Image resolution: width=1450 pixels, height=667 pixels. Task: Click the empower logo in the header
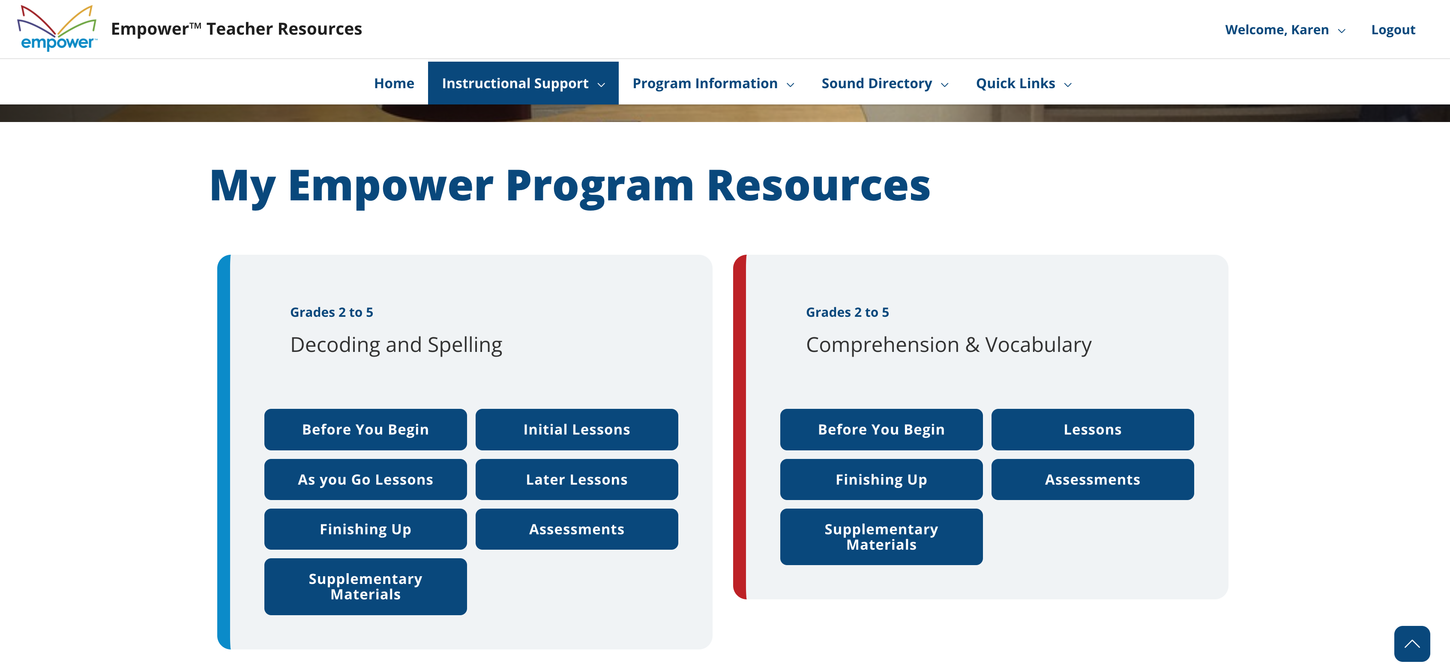(x=57, y=28)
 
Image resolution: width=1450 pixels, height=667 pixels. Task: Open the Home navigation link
(x=394, y=83)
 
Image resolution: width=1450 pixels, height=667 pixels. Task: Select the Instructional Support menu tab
(x=522, y=83)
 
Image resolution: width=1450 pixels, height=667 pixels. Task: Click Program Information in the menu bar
(x=713, y=83)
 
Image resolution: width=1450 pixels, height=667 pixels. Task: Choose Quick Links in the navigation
(x=1023, y=83)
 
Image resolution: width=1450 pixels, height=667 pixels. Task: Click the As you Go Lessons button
(x=365, y=479)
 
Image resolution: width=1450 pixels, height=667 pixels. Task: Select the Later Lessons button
(x=576, y=479)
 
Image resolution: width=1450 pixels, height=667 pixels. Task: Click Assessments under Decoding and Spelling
(x=576, y=529)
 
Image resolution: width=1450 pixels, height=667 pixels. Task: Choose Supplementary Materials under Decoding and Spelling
(x=365, y=586)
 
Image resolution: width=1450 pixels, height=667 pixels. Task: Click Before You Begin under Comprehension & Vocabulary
(x=881, y=429)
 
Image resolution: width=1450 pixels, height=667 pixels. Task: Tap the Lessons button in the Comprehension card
(x=1092, y=429)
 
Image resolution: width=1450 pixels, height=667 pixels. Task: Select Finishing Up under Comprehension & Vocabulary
(x=881, y=479)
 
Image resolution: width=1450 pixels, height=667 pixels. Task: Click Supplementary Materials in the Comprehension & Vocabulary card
(x=881, y=536)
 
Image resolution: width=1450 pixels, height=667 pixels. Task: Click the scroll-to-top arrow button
(x=1411, y=643)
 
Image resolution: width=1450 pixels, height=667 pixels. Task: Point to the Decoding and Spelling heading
(x=396, y=344)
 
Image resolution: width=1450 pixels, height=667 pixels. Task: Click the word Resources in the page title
(x=818, y=186)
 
